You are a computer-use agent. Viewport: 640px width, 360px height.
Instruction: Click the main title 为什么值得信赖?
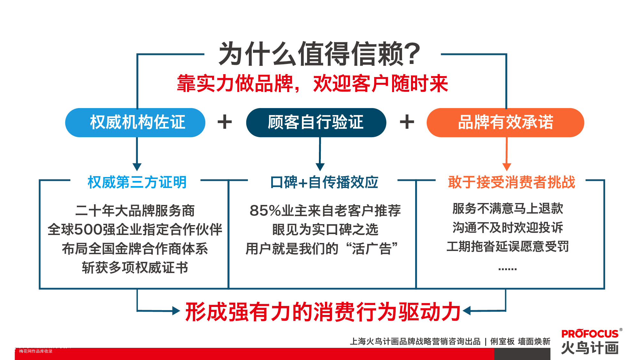[x=319, y=54]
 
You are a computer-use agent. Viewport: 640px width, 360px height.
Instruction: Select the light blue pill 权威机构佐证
[x=135, y=122]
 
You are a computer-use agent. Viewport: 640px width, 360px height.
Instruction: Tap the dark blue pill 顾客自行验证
[x=316, y=122]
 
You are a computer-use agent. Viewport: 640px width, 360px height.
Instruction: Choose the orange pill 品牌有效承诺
[x=505, y=122]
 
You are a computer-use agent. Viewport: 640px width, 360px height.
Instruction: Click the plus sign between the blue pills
[x=225, y=122]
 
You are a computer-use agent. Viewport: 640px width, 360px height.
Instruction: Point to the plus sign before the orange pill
[x=407, y=122]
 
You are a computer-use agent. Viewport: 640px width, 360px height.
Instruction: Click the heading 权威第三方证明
[x=137, y=182]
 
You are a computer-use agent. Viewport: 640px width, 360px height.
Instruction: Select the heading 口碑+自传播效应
[x=324, y=182]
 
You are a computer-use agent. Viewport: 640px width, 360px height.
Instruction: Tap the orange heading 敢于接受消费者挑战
[x=511, y=182]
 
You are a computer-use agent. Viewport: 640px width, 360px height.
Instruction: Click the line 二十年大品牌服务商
[x=135, y=211]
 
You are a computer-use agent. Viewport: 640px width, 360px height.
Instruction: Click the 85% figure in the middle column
[x=265, y=211]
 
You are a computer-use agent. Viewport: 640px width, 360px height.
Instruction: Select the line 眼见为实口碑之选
[x=325, y=230]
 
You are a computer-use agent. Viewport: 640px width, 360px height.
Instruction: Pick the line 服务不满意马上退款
[x=508, y=208]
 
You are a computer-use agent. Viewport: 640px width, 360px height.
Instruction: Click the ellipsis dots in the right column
[x=508, y=269]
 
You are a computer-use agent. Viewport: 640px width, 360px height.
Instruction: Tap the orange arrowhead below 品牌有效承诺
[x=507, y=167]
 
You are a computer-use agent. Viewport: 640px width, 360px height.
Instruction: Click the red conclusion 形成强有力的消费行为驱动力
[x=323, y=312]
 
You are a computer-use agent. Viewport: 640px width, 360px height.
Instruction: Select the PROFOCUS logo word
[x=590, y=334]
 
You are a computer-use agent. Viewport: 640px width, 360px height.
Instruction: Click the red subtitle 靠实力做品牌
[x=235, y=83]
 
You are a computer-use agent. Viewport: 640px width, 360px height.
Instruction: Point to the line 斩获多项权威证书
[x=135, y=268]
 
